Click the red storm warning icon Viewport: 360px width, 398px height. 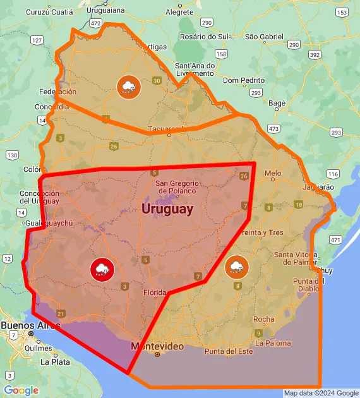coord(102,268)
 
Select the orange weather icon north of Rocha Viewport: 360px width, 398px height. coord(236,267)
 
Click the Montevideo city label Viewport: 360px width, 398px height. coord(157,346)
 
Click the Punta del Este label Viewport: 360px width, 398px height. coord(228,351)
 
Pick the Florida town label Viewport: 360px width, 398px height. coord(155,292)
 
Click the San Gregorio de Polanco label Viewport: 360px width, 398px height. coord(177,187)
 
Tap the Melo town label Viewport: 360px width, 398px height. coord(273,173)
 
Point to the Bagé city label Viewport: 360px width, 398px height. coord(277,102)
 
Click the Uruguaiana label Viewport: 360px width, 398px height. coord(105,10)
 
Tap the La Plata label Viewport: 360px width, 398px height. coord(55,362)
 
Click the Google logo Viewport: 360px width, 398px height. coord(21,390)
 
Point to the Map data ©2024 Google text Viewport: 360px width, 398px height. coord(321,393)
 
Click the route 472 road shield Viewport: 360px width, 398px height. coord(95,23)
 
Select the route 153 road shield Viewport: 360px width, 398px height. coord(342,12)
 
